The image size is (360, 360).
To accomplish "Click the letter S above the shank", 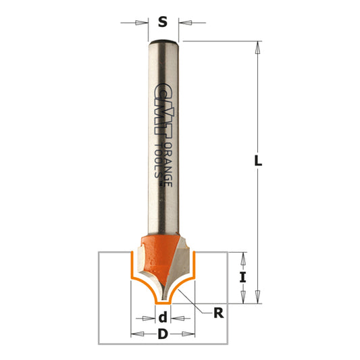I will [162, 22].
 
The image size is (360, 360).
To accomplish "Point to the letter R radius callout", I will [218, 312].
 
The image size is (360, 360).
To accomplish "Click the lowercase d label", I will [162, 317].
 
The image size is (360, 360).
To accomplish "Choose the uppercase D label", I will [162, 334].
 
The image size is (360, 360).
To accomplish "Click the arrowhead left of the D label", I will [136, 334].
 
